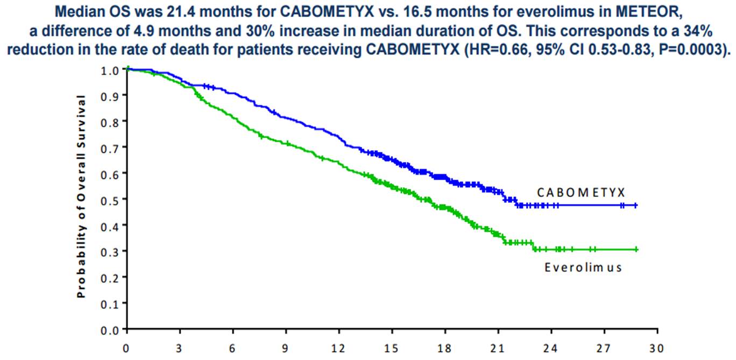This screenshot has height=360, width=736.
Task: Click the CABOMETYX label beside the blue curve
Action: [580, 192]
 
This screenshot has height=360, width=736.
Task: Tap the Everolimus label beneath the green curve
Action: [583, 267]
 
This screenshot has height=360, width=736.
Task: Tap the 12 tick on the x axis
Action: [339, 348]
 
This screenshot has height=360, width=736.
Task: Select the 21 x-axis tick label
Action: [498, 348]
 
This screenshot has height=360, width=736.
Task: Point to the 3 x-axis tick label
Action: [180, 348]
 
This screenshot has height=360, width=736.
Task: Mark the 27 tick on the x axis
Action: [604, 348]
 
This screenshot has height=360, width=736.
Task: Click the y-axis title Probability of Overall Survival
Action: [81, 196]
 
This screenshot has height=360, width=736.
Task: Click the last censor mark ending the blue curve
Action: [636, 205]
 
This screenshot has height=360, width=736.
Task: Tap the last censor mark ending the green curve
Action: [636, 249]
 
